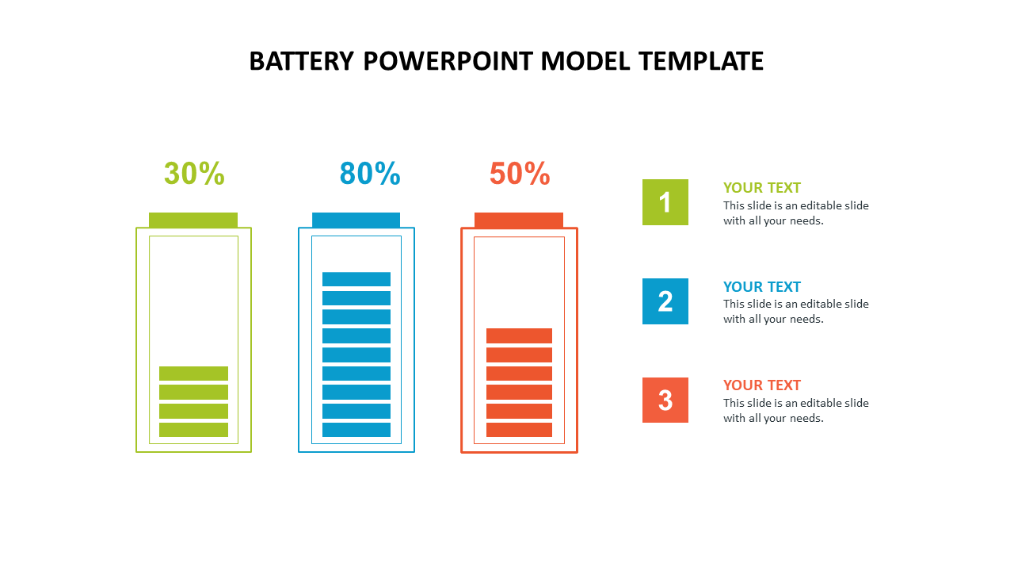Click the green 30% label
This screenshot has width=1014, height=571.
click(x=194, y=174)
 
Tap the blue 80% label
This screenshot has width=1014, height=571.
click(x=370, y=174)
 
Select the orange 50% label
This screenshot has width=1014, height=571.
click(x=520, y=174)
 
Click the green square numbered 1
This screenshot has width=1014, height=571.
click(x=665, y=202)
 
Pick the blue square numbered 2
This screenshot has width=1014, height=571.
click(x=665, y=301)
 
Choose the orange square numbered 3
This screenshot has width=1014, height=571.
click(x=665, y=400)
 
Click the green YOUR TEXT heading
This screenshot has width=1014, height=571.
click(x=762, y=188)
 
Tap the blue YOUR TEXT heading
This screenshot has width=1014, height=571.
click(x=762, y=287)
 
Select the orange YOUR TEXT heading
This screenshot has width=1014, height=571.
click(x=762, y=385)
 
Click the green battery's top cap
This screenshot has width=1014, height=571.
click(x=193, y=220)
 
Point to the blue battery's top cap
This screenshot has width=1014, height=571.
click(x=356, y=220)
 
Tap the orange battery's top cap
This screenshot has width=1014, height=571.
click(x=519, y=220)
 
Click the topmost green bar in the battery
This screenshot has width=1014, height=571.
click(x=194, y=374)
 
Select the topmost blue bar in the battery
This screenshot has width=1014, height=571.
click(x=356, y=279)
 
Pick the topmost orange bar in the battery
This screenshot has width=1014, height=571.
click(x=519, y=335)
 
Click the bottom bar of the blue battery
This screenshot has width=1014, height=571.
click(x=356, y=430)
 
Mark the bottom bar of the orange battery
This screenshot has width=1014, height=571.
click(x=519, y=430)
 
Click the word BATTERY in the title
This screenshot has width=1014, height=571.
click(x=302, y=61)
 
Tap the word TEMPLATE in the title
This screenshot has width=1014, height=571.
click(x=701, y=61)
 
